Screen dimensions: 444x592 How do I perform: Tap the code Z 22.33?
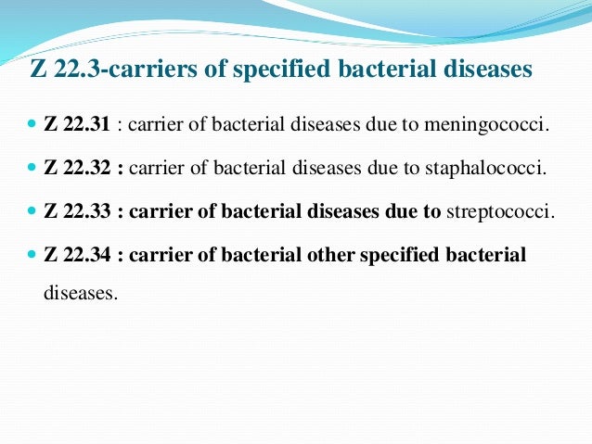[74, 211]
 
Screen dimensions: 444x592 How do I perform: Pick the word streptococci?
[500, 211]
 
